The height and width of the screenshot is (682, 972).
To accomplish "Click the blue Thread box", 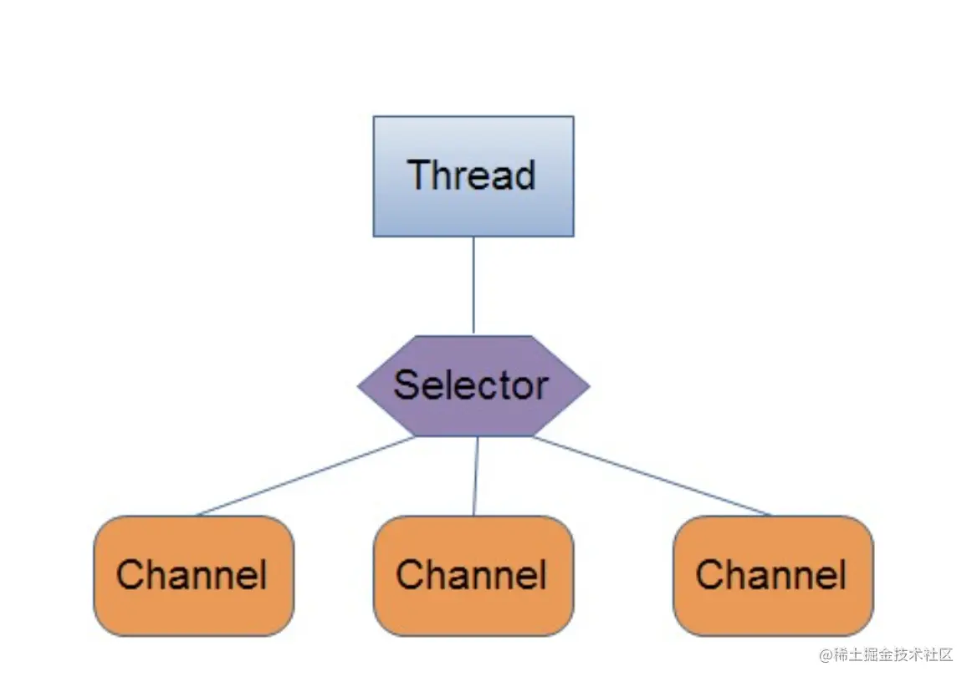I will pyautogui.click(x=473, y=176).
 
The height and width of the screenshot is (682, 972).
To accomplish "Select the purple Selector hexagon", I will pyautogui.click(x=473, y=385).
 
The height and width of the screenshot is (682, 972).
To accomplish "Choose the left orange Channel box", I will pyautogui.click(x=193, y=576).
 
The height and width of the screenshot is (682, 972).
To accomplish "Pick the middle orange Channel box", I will pyautogui.click(x=473, y=576).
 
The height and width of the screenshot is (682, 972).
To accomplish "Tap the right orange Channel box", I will pyautogui.click(x=773, y=576).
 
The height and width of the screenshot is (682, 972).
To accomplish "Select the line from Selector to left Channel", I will pyautogui.click(x=305, y=476).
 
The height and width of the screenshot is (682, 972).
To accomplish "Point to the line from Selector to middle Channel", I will pyautogui.click(x=475, y=476).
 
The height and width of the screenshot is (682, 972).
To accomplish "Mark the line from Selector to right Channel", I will pyautogui.click(x=652, y=476).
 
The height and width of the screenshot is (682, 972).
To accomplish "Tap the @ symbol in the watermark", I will pyautogui.click(x=826, y=654).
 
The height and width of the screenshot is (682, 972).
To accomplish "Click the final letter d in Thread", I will pyautogui.click(x=524, y=175).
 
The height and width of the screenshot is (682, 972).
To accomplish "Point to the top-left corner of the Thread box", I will pyautogui.click(x=374, y=117).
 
